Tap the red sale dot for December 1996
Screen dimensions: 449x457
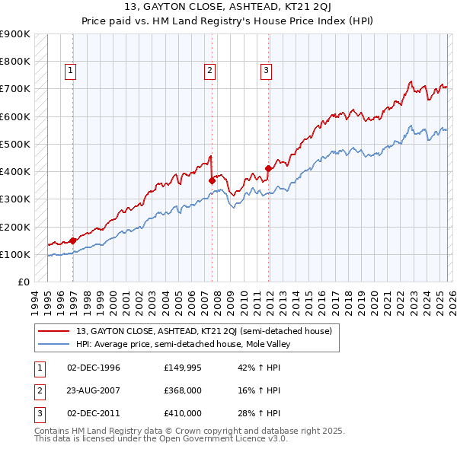tap(73, 240)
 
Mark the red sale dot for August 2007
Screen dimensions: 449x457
tap(212, 180)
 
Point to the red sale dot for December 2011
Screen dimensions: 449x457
tap(268, 168)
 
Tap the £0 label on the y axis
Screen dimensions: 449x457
tap(23, 282)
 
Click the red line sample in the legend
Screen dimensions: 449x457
tap(54, 331)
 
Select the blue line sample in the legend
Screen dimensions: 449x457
tap(54, 344)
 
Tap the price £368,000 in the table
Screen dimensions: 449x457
tap(183, 390)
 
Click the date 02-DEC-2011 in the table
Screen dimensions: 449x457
tap(94, 413)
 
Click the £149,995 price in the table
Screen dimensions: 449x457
tap(183, 368)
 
